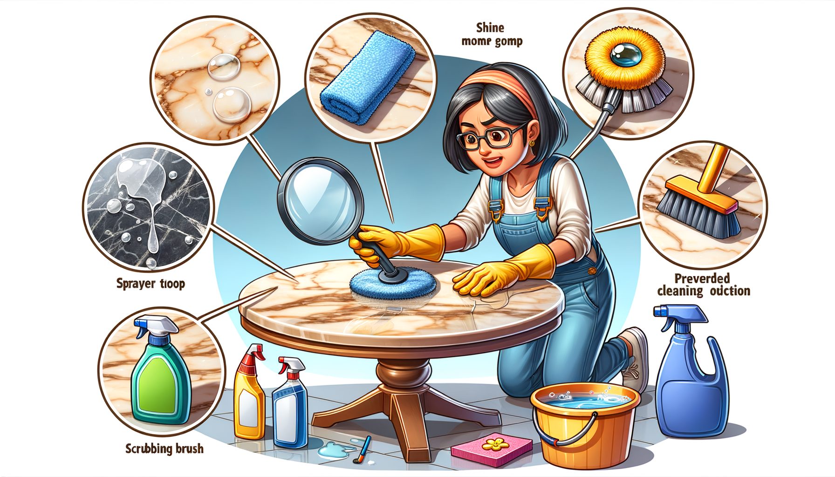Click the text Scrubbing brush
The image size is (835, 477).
164,449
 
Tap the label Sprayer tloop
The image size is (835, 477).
151,283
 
